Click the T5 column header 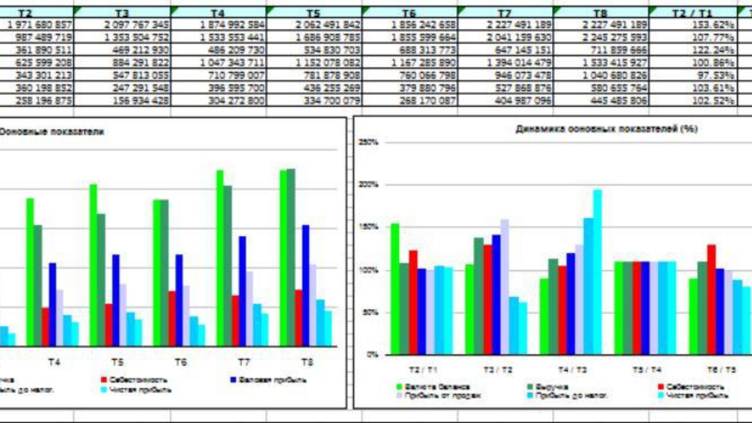(313, 13)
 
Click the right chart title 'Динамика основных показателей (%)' (606, 129)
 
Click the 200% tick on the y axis (368, 184)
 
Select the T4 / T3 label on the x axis (572, 370)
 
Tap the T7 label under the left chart (244, 362)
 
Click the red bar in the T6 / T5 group (711, 300)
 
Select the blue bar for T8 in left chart (305, 286)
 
